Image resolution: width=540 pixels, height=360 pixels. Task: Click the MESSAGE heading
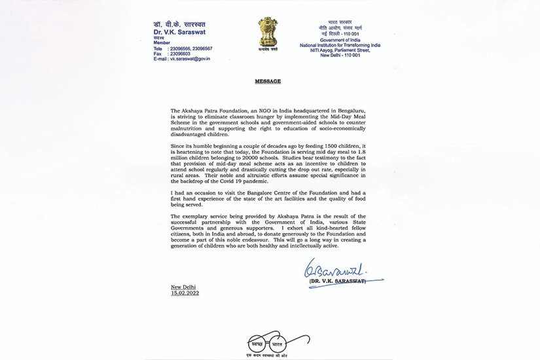pos(267,81)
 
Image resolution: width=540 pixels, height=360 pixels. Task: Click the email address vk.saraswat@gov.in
pos(190,59)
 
